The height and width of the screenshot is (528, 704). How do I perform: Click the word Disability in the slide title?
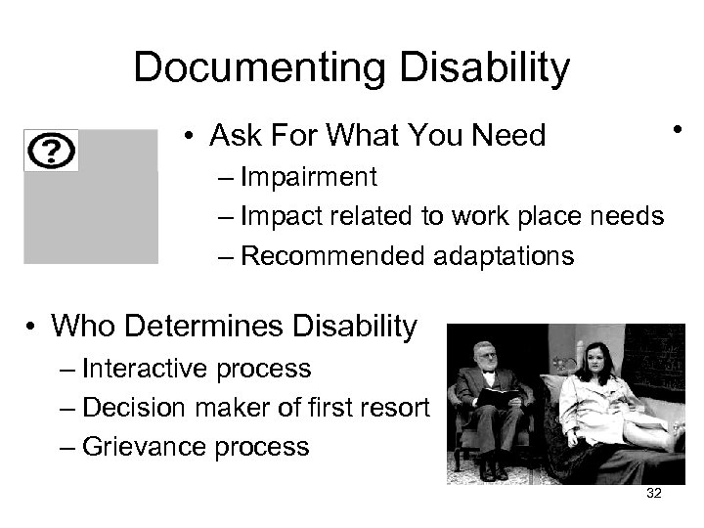pos(487,67)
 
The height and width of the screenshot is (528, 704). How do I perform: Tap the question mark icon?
pos(52,152)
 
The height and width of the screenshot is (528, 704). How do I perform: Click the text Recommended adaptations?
pos(407,256)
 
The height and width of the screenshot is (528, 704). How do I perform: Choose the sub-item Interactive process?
pos(197,369)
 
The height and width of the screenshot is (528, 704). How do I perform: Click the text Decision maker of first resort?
pos(255,408)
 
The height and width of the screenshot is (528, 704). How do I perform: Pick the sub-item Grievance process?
pos(196,447)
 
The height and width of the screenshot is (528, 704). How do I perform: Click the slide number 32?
pos(654,494)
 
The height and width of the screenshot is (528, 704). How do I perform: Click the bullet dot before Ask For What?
pos(189,137)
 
